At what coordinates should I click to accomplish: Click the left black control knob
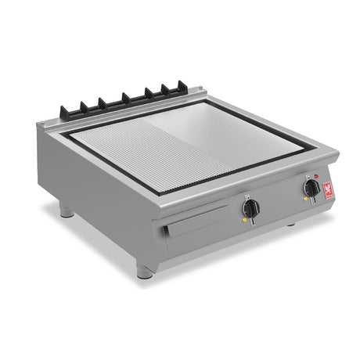point(250,208)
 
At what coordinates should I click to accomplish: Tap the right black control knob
point(311,188)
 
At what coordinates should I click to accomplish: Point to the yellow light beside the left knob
point(243,221)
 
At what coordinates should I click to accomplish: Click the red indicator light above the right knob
point(315,176)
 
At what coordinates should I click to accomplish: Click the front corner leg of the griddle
point(144,272)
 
